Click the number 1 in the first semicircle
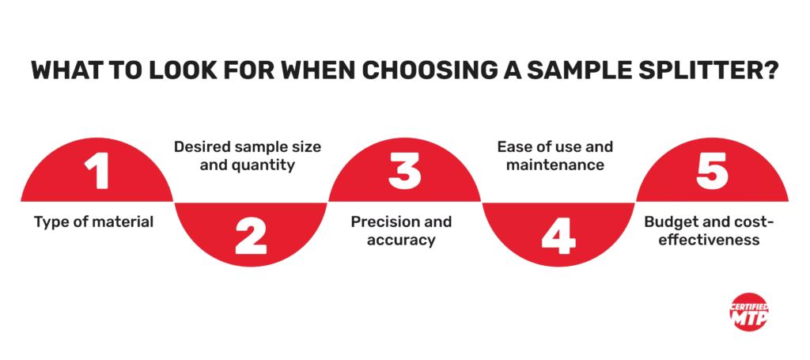[x=97, y=171]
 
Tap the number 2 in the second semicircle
[x=251, y=235]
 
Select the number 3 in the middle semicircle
[x=404, y=171]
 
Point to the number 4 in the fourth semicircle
[x=558, y=235]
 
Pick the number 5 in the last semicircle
[x=712, y=171]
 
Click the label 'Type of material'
[x=94, y=222]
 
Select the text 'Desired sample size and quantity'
[x=251, y=156]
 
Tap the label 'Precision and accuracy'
[x=401, y=230]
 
